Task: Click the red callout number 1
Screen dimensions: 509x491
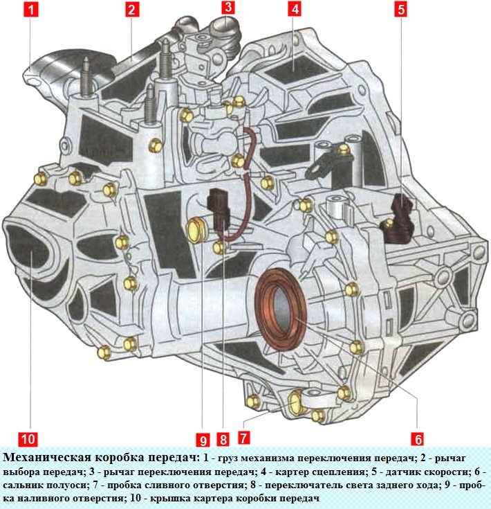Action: click(29, 10)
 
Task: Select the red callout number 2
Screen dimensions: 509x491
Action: click(131, 10)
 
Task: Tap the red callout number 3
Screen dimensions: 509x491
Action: click(228, 8)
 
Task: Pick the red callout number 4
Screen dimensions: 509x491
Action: click(295, 10)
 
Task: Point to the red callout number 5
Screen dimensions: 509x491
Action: click(402, 10)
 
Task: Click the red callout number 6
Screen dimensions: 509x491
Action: click(417, 438)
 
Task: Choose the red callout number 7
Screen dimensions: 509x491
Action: click(243, 438)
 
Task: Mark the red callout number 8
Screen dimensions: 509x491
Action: click(223, 438)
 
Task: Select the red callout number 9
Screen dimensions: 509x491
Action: click(202, 438)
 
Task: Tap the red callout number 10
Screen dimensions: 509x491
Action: click(29, 438)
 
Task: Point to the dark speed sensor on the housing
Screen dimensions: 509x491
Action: click(397, 220)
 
